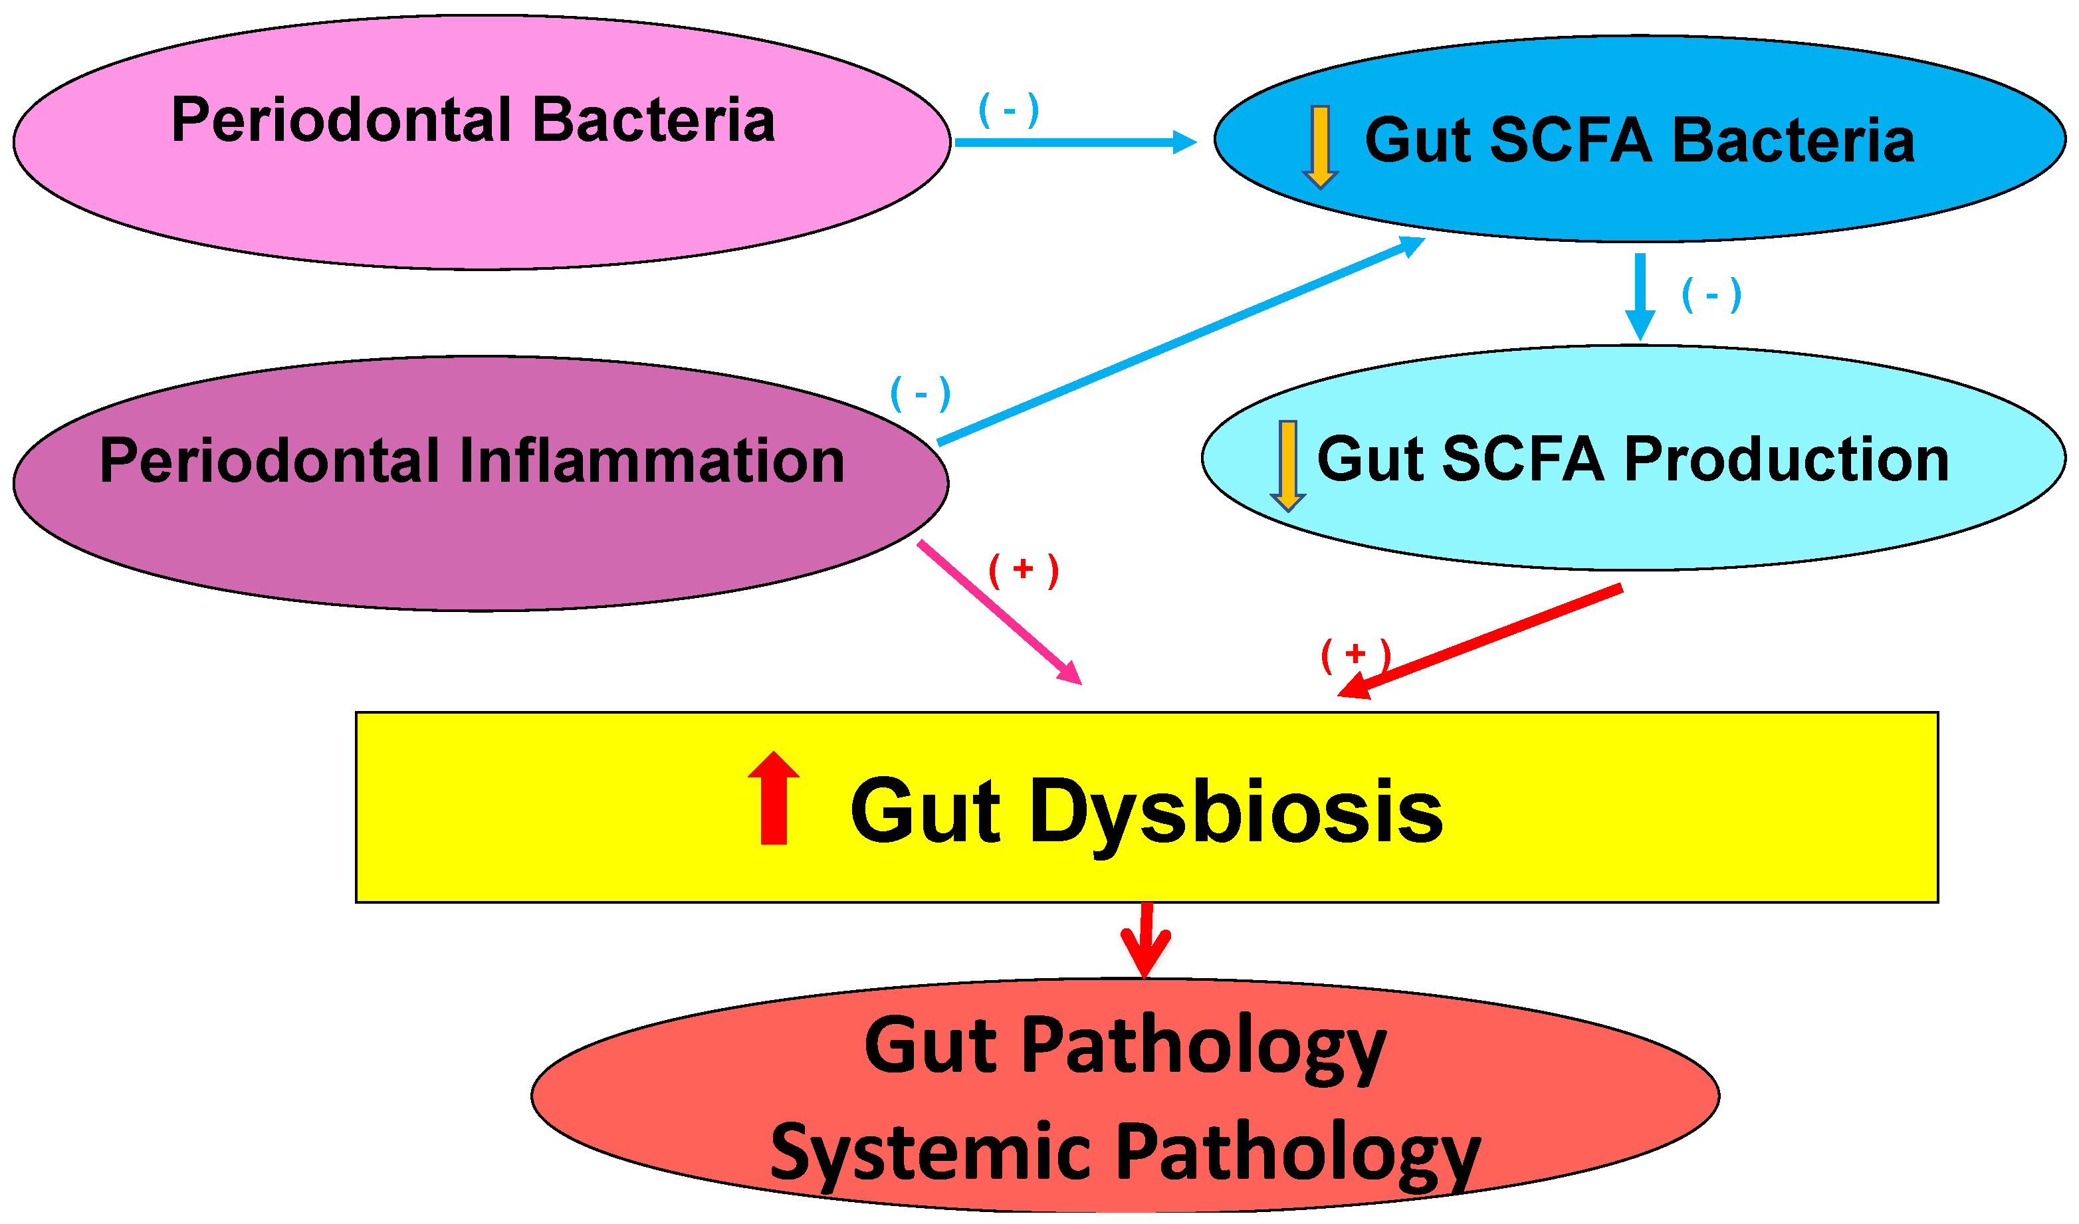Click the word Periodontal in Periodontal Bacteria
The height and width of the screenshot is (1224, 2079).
[342, 120]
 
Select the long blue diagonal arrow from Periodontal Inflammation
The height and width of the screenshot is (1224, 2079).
[1180, 342]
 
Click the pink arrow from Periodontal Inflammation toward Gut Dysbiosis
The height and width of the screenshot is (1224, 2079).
[998, 612]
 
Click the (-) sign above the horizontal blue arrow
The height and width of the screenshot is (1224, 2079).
[1008, 110]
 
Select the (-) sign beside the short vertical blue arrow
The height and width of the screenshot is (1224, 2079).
[1711, 295]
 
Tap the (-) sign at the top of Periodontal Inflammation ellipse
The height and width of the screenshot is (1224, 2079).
[921, 394]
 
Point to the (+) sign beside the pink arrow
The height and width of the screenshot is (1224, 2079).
[1023, 571]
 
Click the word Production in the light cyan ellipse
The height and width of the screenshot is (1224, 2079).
[1786, 459]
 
